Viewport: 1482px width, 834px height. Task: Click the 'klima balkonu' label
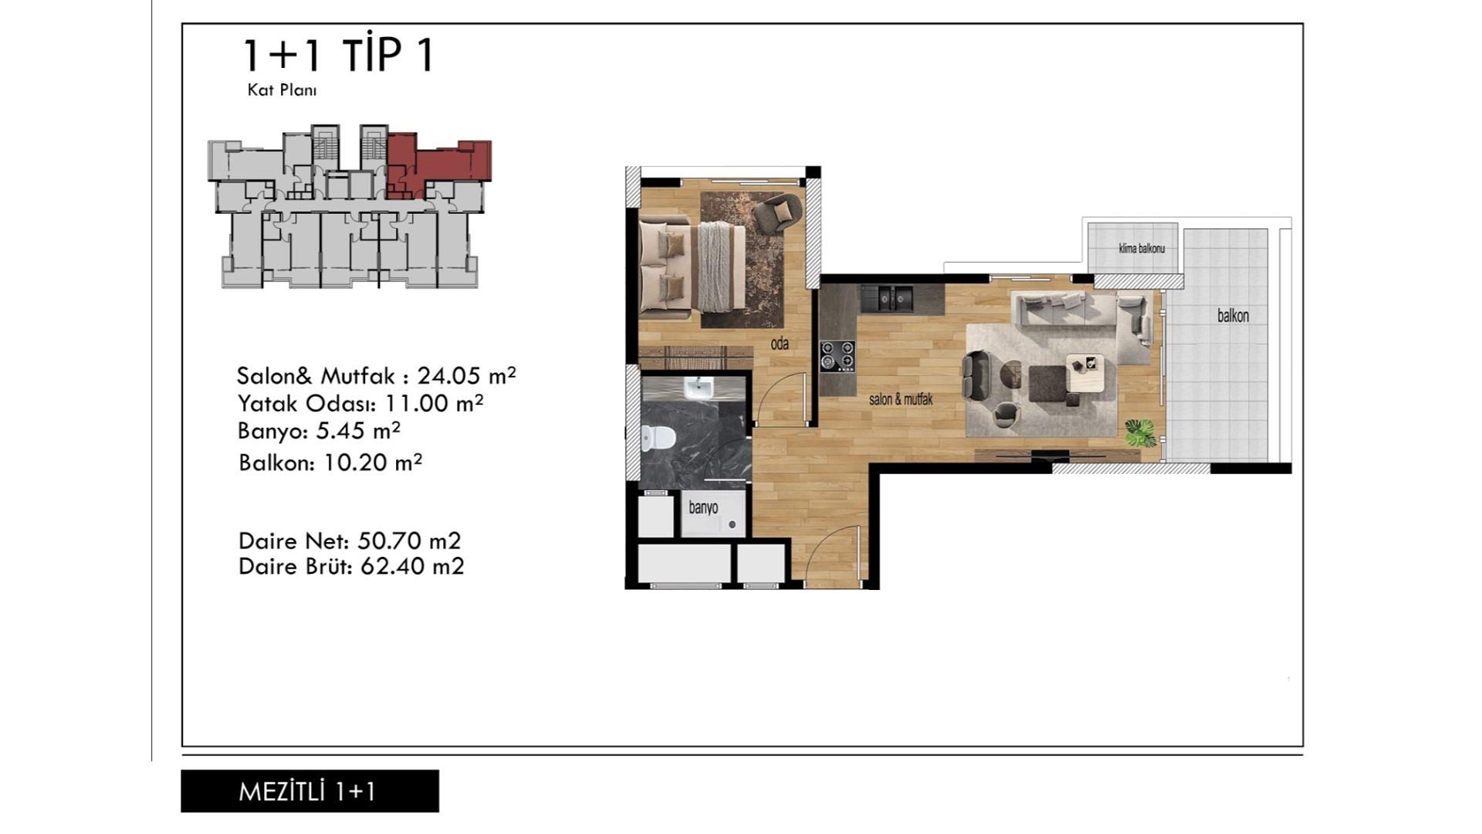[x=1142, y=249]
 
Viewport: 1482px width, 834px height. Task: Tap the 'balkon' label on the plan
[x=1233, y=315]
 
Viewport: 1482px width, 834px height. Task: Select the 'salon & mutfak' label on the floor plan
[x=901, y=399]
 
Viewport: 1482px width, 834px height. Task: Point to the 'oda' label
[x=780, y=344]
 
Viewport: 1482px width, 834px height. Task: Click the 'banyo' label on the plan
[x=703, y=507]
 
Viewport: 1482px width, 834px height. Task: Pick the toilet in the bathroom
[x=657, y=438]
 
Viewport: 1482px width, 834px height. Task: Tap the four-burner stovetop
[x=837, y=356]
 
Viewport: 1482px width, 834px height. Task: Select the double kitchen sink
[x=887, y=298]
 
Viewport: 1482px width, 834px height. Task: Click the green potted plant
[x=1140, y=432]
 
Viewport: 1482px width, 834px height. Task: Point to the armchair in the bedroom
[x=777, y=213]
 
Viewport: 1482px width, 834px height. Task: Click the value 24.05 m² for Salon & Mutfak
[x=466, y=375]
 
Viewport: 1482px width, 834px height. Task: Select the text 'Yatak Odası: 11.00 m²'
[x=360, y=403]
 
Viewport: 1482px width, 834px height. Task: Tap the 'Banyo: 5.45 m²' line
[x=319, y=430]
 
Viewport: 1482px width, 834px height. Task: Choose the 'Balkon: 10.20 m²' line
[x=330, y=463]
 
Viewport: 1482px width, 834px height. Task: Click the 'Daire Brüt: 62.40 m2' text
[x=351, y=567]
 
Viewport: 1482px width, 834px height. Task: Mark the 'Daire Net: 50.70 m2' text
[x=350, y=541]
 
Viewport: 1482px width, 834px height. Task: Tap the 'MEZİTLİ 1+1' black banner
[x=310, y=791]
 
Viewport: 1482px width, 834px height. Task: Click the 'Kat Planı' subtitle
[x=282, y=90]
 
